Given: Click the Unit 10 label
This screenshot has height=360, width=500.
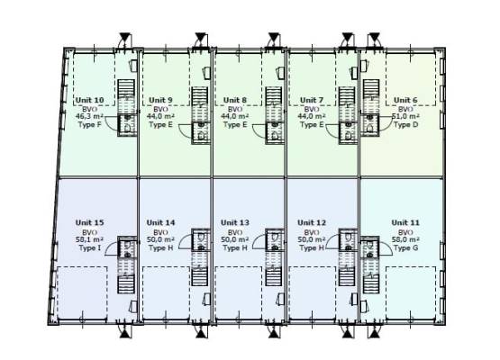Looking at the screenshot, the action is (x=89, y=101).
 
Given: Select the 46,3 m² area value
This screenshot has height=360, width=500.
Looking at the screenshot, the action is (x=89, y=116).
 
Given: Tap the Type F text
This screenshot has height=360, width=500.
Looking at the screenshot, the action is (x=89, y=124).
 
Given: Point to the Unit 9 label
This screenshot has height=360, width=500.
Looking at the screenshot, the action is (x=160, y=101).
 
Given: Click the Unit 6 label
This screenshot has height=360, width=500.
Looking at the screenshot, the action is (x=405, y=101).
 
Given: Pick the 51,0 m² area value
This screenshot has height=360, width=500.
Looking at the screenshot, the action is (x=405, y=116).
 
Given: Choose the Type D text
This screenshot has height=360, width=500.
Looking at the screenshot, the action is (x=405, y=124).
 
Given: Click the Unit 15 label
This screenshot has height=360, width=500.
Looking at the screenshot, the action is (x=89, y=222).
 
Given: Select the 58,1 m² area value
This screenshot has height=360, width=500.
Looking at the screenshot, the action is (x=89, y=239).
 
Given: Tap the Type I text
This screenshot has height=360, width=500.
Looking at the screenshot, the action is (x=89, y=247).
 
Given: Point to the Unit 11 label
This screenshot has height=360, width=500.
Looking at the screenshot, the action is (x=405, y=222).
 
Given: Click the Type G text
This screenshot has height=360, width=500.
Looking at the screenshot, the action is (x=405, y=247).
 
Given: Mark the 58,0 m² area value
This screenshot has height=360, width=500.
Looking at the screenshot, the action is (x=405, y=239).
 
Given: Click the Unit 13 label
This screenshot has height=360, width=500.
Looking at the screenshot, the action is (x=235, y=222).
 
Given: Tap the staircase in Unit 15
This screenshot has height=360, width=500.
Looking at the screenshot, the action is (x=127, y=284).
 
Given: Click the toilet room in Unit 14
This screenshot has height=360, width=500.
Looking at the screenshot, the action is (x=201, y=240).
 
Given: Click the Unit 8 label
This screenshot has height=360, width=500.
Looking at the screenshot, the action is (x=235, y=101).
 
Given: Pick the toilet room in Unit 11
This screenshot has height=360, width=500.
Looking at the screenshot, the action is (x=370, y=247).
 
